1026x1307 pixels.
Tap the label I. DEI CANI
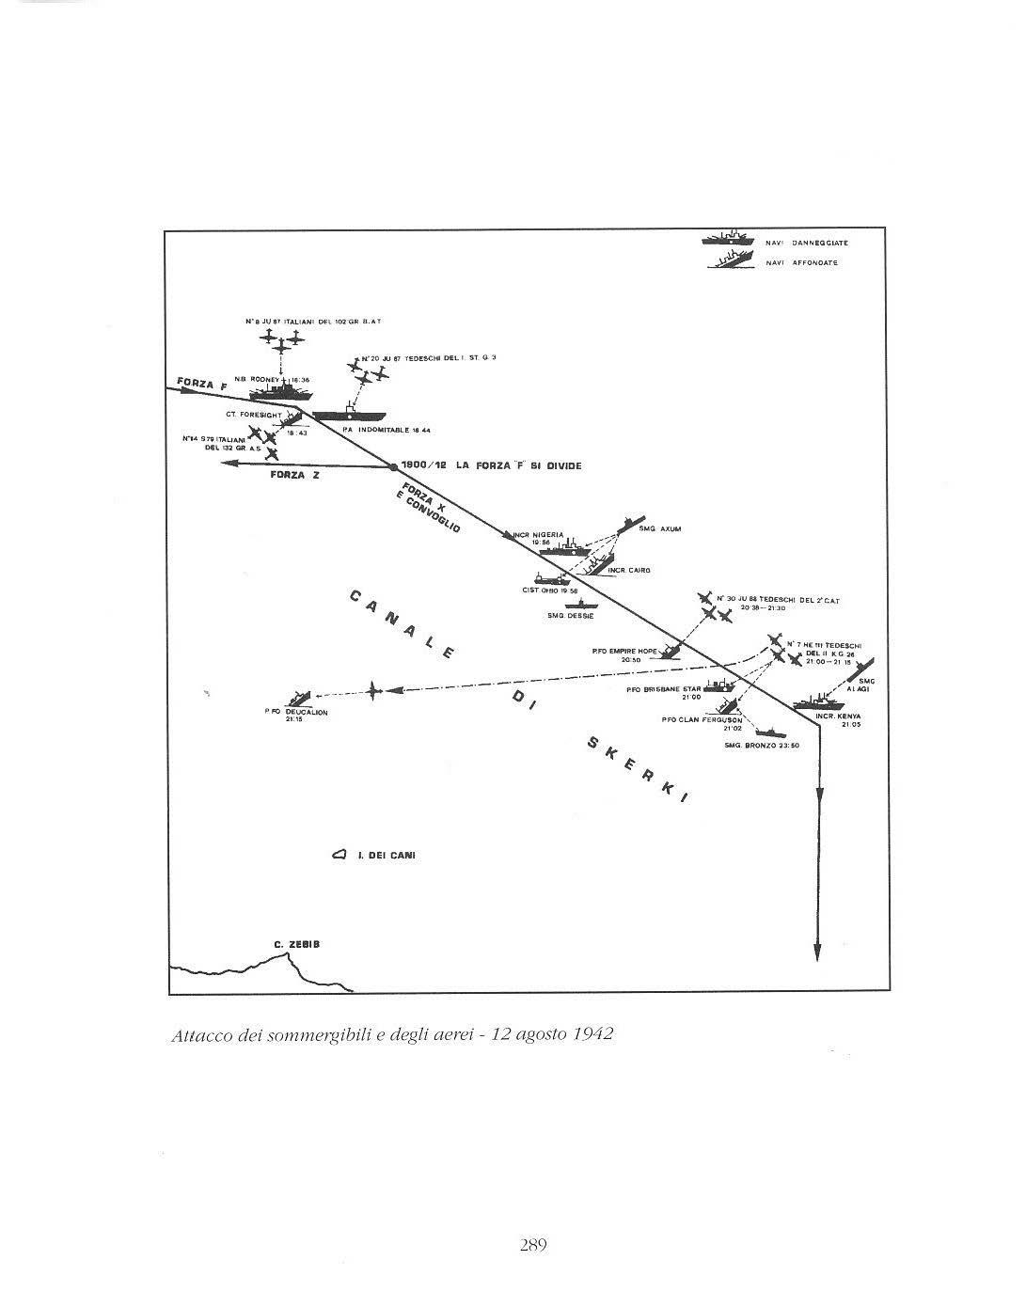pyautogui.click(x=387, y=856)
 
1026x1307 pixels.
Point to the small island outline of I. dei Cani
pyautogui.click(x=339, y=856)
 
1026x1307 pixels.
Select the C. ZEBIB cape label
pyautogui.click(x=296, y=944)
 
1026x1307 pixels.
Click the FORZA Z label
pyautogui.click(x=294, y=475)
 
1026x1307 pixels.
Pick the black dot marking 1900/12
pyautogui.click(x=393, y=466)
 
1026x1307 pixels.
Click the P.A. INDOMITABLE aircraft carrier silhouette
pyautogui.click(x=349, y=415)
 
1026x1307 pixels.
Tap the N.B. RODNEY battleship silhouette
pyautogui.click(x=282, y=388)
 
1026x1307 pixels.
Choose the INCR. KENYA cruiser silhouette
pyautogui.click(x=818, y=702)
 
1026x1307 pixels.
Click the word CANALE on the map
pyautogui.click(x=400, y=625)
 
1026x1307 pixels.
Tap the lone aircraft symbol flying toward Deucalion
pyautogui.click(x=374, y=691)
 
